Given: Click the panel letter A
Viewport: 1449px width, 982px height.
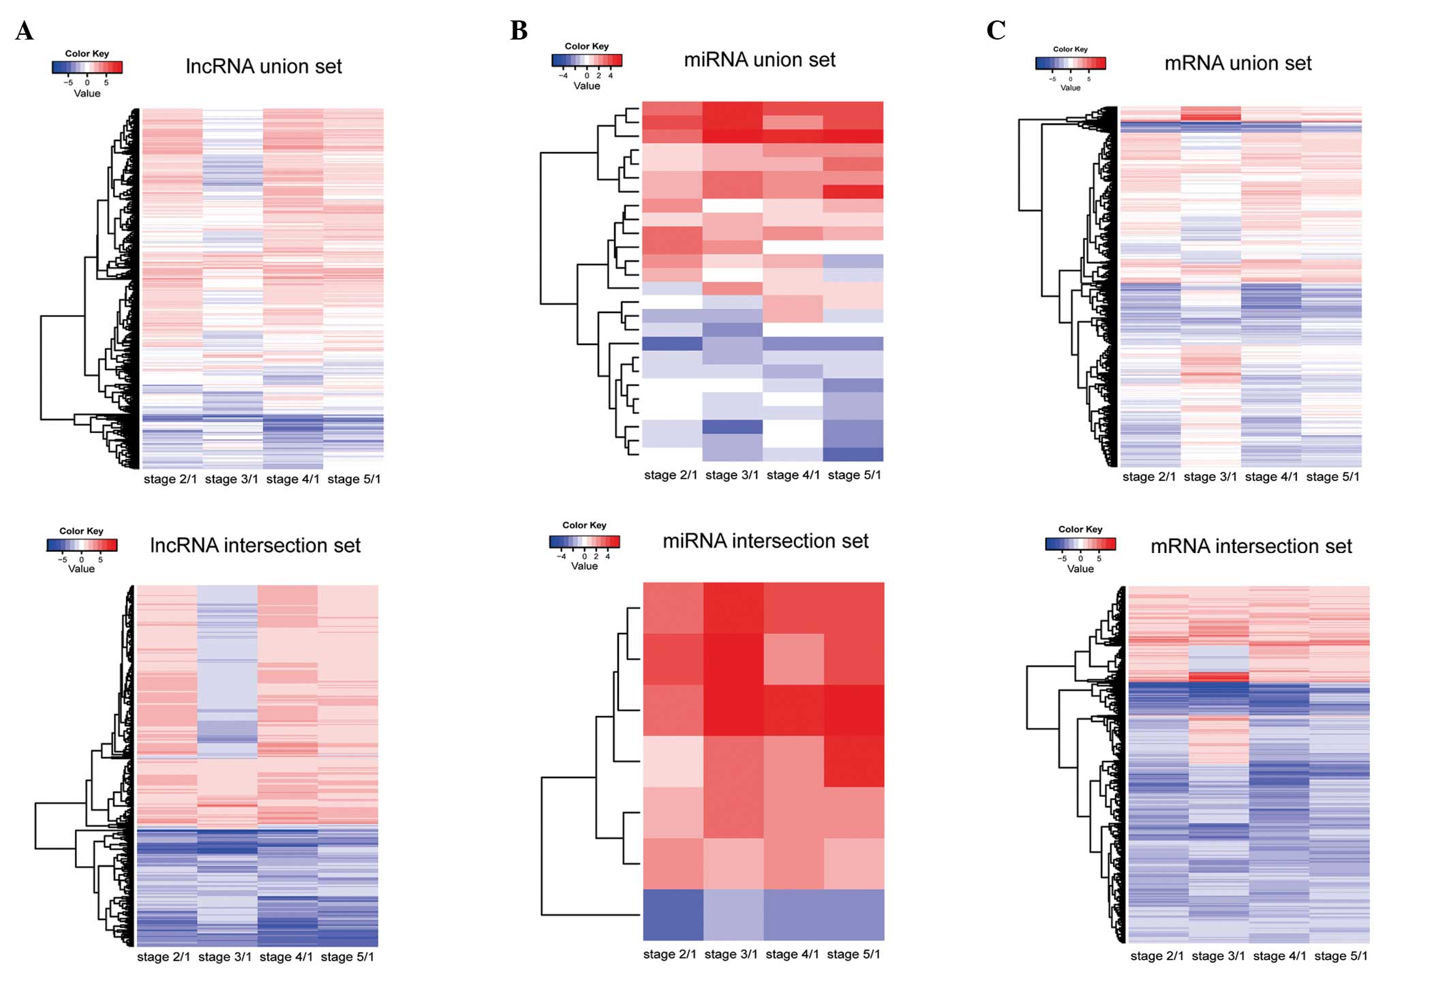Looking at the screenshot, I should click(x=25, y=31).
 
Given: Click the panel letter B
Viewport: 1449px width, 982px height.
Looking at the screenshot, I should click(x=519, y=31).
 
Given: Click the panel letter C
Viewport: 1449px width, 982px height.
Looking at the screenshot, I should click(x=996, y=30).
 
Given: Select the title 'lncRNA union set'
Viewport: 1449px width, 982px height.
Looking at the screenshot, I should click(x=264, y=66).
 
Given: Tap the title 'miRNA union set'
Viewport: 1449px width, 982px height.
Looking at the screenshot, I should click(x=759, y=60).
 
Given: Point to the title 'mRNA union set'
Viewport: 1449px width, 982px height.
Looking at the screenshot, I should click(x=1238, y=63).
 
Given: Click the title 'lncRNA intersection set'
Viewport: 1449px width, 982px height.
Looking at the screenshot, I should click(x=255, y=546).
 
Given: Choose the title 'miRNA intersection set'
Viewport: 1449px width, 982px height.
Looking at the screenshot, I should click(x=765, y=541).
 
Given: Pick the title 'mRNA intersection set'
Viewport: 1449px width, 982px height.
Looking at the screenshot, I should click(x=1251, y=546).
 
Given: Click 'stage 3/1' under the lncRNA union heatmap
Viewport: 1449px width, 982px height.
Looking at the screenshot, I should click(x=232, y=479).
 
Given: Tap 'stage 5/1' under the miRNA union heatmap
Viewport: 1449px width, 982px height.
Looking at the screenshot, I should click(x=854, y=475).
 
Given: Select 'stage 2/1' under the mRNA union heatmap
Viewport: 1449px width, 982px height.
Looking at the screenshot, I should click(x=1149, y=477).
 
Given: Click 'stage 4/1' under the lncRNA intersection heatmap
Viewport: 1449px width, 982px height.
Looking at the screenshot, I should click(x=286, y=957).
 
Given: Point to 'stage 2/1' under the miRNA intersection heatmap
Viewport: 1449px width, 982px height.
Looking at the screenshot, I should click(x=670, y=955).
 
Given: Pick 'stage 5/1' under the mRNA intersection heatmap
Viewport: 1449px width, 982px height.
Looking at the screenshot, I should click(x=1341, y=956).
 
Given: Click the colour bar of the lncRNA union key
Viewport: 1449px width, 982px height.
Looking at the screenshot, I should click(x=87, y=68).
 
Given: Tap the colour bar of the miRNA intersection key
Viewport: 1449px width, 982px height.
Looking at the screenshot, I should click(x=585, y=542).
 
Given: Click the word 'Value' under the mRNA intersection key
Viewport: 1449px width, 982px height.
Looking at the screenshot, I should click(x=1080, y=569).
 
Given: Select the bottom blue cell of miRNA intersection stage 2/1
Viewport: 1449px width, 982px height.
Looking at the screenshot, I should click(x=673, y=914).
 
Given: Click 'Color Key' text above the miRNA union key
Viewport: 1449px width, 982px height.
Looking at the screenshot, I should click(x=587, y=46).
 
